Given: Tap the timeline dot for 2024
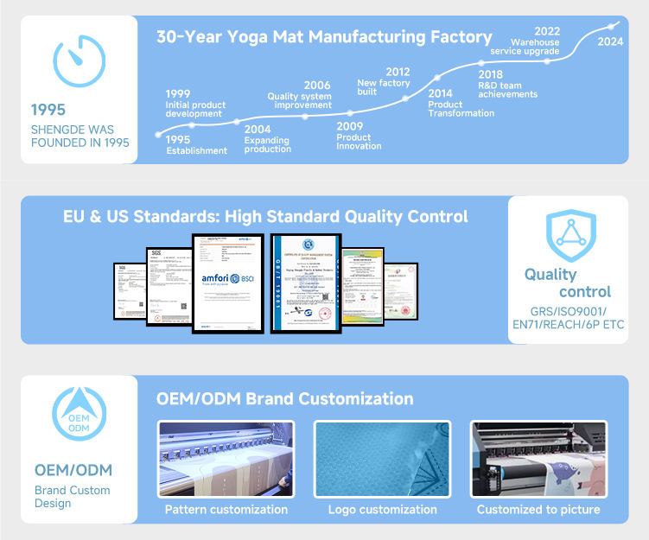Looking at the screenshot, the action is coord(614,26).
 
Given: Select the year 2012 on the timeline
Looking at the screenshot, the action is coord(398,73).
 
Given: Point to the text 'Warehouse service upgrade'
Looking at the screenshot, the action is coord(525,47).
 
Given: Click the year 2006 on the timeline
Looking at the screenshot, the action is coord(317,86).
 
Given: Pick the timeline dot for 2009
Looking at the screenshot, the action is coord(350,113).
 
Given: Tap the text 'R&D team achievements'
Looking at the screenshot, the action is coord(507,90).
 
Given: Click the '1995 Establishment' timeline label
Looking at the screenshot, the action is coord(196,145).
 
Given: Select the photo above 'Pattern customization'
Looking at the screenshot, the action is coord(226,459).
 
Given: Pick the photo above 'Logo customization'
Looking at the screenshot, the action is coord(382,459).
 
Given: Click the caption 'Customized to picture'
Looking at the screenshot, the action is coord(538,510).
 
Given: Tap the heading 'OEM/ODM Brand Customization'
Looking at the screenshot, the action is coord(284,399).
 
